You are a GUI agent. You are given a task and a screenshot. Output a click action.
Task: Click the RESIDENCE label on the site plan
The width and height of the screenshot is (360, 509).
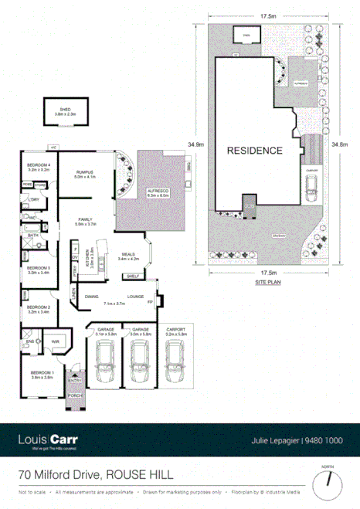tap(254, 150)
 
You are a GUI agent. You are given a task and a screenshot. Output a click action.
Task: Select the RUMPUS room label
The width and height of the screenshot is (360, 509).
tap(83, 173)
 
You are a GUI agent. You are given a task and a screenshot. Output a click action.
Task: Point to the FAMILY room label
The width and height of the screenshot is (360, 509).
tap(84, 222)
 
